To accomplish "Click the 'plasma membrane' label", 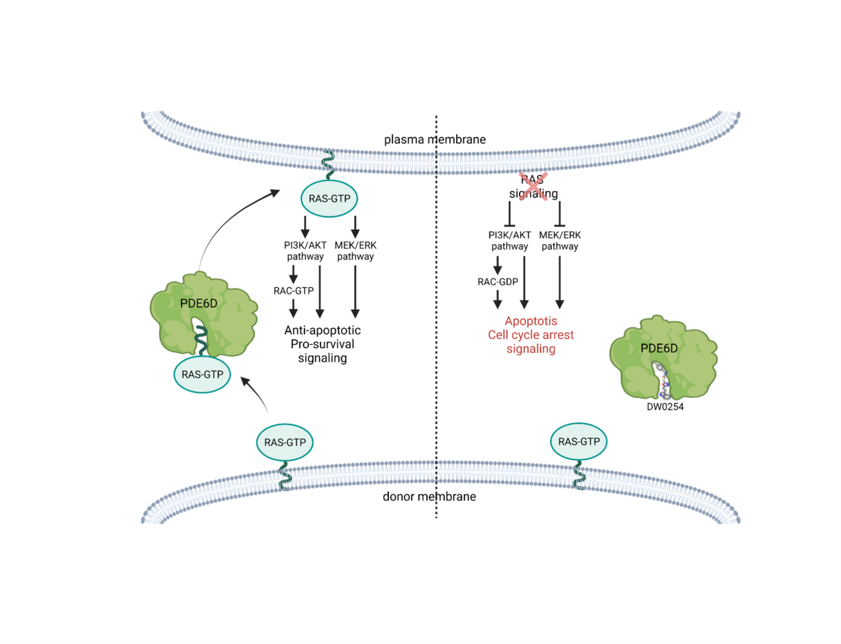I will [435, 140].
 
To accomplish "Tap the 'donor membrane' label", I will [429, 496].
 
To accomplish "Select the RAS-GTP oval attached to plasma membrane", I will [329, 199].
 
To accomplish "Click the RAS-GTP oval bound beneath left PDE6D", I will [202, 374].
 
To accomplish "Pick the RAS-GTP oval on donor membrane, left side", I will [285, 442].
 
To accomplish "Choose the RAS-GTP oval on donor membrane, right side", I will [579, 441].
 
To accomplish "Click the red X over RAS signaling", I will [533, 185].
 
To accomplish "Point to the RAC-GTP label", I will [293, 290].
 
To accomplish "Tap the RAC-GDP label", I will [498, 282].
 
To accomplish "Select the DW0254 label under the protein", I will [665, 407].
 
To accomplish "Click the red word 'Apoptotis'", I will [530, 321].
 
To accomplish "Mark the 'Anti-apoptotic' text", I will [322, 330].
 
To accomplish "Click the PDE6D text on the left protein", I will [199, 303].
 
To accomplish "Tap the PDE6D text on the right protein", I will [659, 348].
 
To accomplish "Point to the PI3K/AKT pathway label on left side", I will [305, 250].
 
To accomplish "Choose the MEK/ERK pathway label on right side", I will [560, 240].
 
